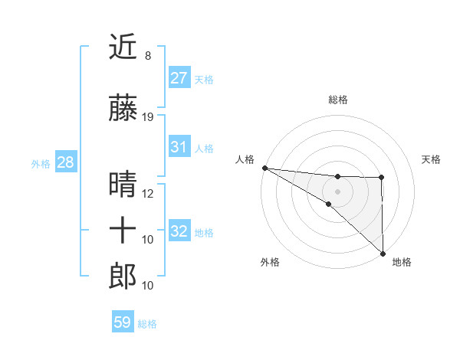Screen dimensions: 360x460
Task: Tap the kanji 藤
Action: click(123, 109)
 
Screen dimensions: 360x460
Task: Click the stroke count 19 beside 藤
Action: click(148, 117)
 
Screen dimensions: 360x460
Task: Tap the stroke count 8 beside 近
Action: click(147, 56)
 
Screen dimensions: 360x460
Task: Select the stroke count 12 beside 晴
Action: click(148, 193)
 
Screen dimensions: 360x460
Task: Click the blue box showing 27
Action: click(179, 77)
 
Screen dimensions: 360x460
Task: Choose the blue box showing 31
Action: click(179, 147)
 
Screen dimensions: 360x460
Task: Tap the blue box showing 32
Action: click(179, 231)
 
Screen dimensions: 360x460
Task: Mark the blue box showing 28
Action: click(66, 162)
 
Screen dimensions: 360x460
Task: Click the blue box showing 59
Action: click(123, 322)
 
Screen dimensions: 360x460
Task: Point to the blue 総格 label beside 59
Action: click(148, 324)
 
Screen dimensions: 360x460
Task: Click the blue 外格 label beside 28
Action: click(41, 164)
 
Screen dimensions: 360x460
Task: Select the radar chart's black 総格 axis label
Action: click(337, 100)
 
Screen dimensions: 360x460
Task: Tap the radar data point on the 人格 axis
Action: click(264, 168)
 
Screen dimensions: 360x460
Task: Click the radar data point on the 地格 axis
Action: click(382, 253)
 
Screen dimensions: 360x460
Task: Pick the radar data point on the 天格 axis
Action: click(382, 178)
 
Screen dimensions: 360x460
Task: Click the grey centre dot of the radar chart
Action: click(337, 191)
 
